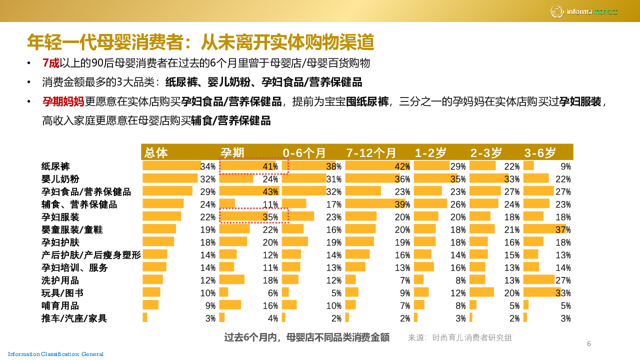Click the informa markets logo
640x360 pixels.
tap(584, 11)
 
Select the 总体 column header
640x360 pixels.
tap(156, 152)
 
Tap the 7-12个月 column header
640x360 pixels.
tap(371, 152)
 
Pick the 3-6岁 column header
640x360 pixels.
tap(540, 152)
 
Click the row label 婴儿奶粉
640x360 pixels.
tap(60, 179)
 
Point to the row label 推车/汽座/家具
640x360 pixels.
tap(74, 318)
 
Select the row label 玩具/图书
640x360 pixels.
tap(62, 293)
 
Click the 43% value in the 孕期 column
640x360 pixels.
tap(270, 191)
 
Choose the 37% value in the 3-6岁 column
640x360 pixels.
tap(563, 229)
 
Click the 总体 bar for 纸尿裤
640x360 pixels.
tap(171, 165)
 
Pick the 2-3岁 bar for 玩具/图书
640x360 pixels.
tap(481, 292)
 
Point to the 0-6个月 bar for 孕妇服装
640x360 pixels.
tap(298, 216)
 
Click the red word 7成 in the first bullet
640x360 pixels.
tap(51, 63)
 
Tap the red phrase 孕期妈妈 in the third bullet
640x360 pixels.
tap(63, 102)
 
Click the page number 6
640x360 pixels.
tap(588, 343)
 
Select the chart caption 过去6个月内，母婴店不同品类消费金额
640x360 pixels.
tap(306, 337)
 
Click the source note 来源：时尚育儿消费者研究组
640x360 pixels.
tap(459, 338)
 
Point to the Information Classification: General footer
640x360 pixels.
tap(55, 354)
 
